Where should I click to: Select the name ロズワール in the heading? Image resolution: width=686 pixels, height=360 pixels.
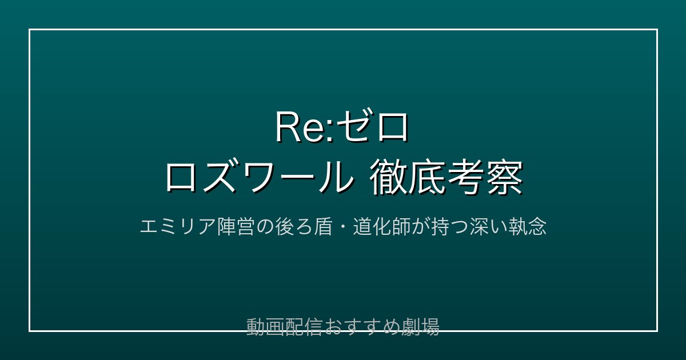[260, 177]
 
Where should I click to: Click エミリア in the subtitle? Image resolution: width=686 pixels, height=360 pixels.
[178, 227]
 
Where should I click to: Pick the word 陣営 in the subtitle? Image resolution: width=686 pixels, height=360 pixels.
[236, 227]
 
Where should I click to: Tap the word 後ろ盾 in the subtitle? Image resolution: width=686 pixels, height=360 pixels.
[304, 227]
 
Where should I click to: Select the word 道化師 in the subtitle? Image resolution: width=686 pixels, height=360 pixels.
[381, 227]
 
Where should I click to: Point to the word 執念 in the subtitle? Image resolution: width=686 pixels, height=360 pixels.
[527, 227]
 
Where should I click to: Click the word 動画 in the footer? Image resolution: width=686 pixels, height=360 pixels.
[265, 327]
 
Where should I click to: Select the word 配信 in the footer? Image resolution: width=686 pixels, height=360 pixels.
[304, 327]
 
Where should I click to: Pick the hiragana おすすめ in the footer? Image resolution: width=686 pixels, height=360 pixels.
[362, 327]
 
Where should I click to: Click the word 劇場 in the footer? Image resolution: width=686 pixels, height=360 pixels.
[421, 327]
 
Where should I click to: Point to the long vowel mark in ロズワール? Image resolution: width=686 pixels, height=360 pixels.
[298, 178]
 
